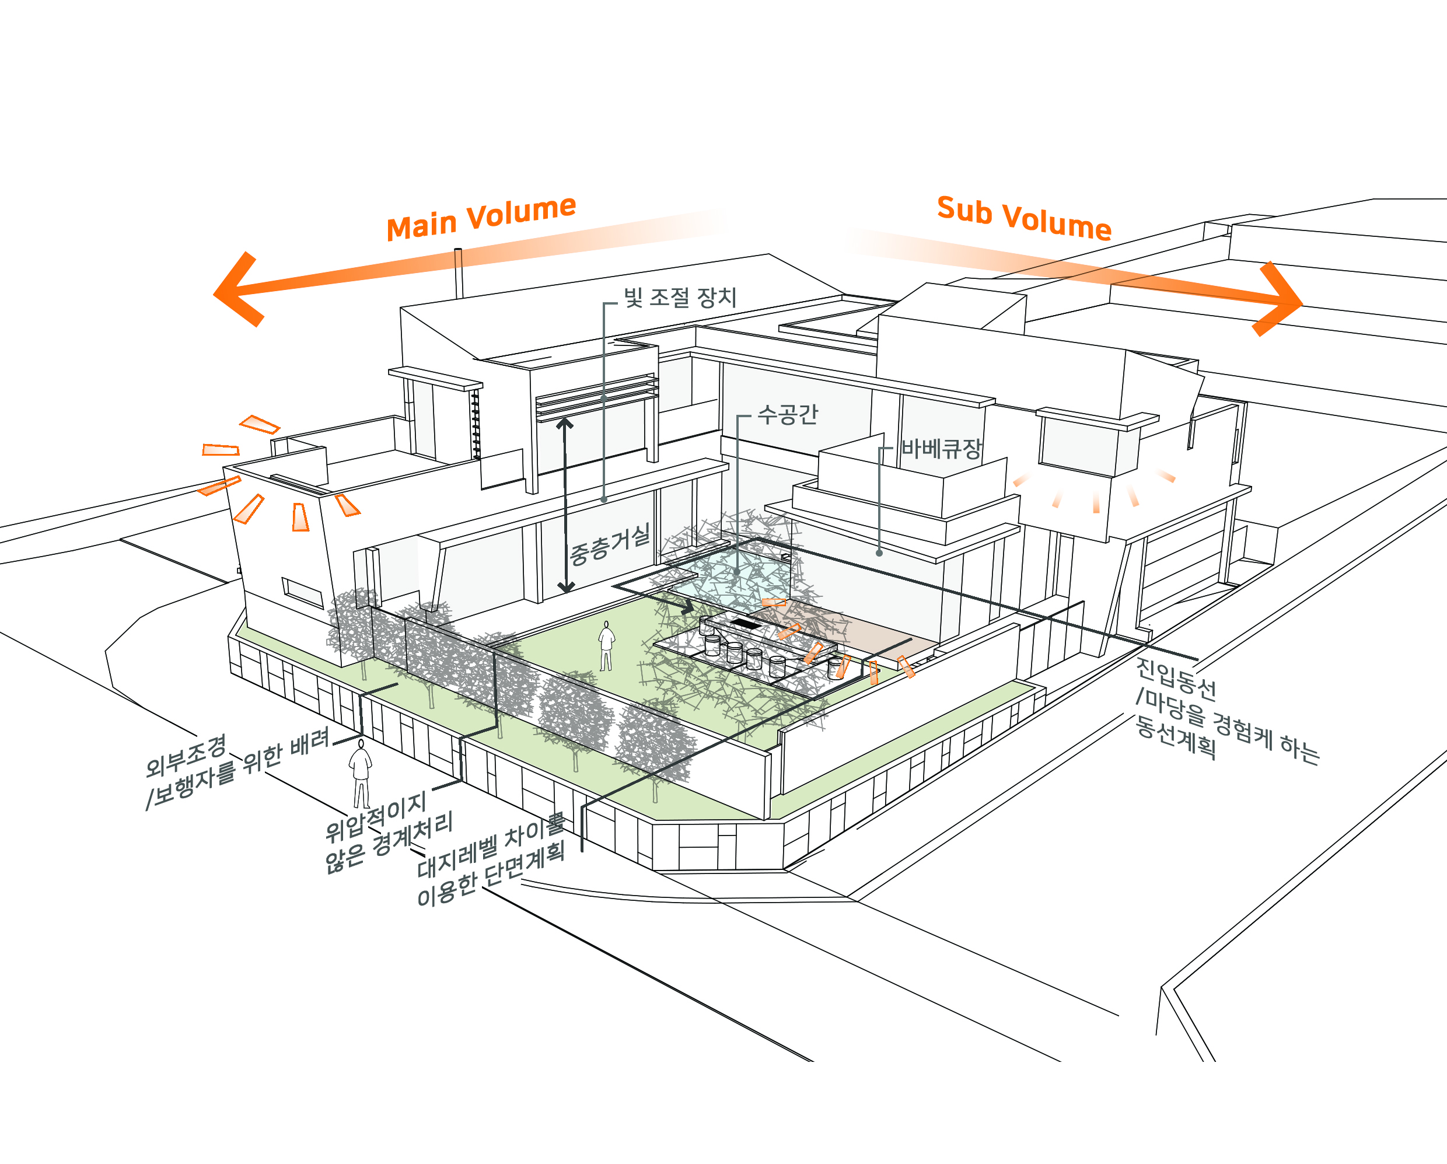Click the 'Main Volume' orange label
tap(481, 218)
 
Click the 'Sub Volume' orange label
tap(1023, 218)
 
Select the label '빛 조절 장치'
tap(679, 298)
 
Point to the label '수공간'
tap(787, 414)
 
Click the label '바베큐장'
tap(941, 449)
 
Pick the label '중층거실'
tap(609, 544)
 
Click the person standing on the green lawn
tap(606, 646)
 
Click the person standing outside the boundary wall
tap(361, 772)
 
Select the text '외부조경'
tap(186, 755)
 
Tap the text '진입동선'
tap(1175, 678)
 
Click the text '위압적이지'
tap(375, 816)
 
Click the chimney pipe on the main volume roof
tap(459, 272)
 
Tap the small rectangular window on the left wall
tap(303, 592)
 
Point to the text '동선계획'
tap(1175, 737)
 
